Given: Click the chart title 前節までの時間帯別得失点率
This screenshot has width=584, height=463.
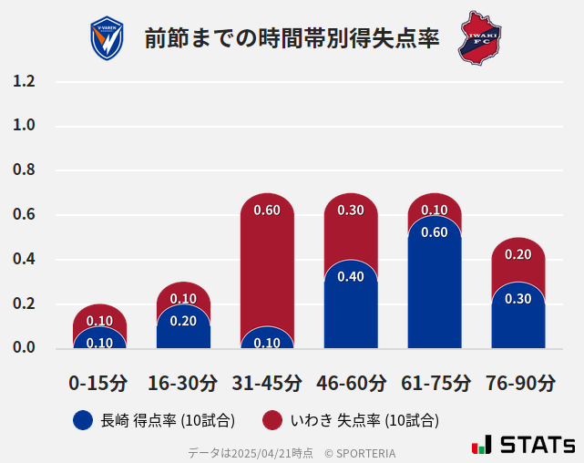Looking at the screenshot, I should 292,39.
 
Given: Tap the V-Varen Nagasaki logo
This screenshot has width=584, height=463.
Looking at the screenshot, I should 107,38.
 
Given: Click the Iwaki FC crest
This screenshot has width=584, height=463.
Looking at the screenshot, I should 479,37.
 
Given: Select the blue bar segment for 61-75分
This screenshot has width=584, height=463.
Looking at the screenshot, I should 435,292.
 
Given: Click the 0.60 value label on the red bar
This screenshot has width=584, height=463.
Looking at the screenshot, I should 267,211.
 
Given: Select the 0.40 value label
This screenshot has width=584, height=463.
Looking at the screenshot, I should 351,276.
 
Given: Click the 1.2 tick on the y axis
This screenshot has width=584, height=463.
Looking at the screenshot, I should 24,82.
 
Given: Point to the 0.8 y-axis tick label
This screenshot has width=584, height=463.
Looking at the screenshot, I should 24,170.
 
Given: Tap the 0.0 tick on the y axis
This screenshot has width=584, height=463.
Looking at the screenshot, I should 24,347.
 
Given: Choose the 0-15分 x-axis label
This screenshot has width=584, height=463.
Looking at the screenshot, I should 98,383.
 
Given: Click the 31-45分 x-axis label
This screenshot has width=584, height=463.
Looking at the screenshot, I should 267,383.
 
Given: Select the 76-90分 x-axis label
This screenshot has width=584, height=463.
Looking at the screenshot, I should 519,383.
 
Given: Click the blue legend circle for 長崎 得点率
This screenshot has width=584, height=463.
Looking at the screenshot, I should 84,420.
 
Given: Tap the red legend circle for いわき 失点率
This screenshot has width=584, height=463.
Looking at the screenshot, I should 272,420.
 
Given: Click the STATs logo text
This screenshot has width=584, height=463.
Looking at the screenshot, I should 537,445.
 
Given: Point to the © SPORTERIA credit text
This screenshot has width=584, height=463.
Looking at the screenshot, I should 360,453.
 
